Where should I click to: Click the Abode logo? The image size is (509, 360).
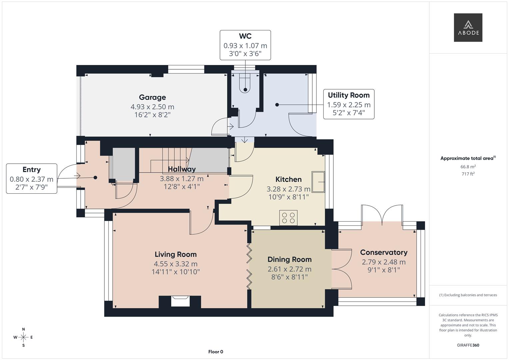pos(468,27)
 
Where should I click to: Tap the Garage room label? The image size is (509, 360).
pos(152,97)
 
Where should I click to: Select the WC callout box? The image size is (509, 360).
pos(245,45)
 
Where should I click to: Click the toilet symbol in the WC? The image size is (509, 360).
pos(245,84)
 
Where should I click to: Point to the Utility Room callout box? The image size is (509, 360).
pos(349,104)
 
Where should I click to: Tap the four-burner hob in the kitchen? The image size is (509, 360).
pos(288,218)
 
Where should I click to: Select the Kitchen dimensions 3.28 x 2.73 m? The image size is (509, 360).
pos(288,189)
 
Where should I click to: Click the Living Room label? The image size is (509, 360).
pos(176,254)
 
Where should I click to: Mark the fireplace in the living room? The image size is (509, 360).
pos(180,301)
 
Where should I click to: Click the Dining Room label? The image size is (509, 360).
pos(289,259)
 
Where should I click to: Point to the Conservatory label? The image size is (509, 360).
pos(384,252)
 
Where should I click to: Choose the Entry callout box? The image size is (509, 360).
pos(32,178)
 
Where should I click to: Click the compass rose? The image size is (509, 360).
pos(23,337)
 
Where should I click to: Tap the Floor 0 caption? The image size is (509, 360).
pos(216,352)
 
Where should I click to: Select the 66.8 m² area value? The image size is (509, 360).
pos(468,167)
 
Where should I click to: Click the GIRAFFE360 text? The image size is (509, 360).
pos(468,345)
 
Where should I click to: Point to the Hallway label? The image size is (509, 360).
pos(182,169)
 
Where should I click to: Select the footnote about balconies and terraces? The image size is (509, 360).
pos(468,295)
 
